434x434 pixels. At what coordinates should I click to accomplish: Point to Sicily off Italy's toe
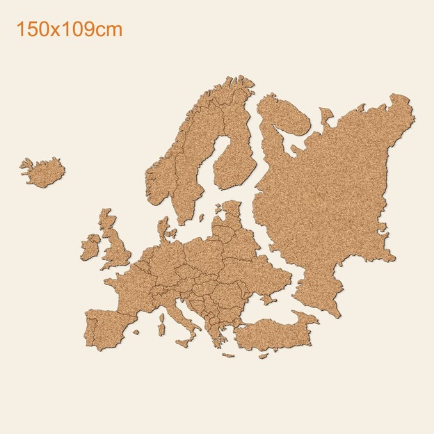(x=185, y=340)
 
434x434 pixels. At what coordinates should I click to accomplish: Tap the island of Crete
(x=230, y=355)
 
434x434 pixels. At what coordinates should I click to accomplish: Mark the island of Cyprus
(x=263, y=355)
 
